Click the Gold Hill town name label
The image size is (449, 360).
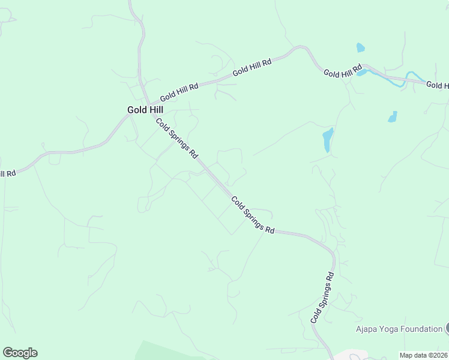coord(145,110)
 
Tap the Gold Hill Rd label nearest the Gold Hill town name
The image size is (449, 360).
coord(179,92)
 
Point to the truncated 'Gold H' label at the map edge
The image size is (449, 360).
coord(437,85)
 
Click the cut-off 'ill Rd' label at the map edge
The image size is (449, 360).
coord(7,173)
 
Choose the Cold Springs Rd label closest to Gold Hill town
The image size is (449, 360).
coord(177,138)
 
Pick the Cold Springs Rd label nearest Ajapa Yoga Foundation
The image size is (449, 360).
coord(322,298)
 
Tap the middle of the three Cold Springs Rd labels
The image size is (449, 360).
coord(253,215)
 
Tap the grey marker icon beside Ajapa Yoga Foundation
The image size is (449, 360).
coord(447,328)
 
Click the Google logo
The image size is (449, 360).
coord(20,353)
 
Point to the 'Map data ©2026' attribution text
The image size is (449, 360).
coord(424,355)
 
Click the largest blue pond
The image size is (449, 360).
coord(328,140)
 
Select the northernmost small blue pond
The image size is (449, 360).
coord(360,47)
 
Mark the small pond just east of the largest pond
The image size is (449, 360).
coord(393,116)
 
